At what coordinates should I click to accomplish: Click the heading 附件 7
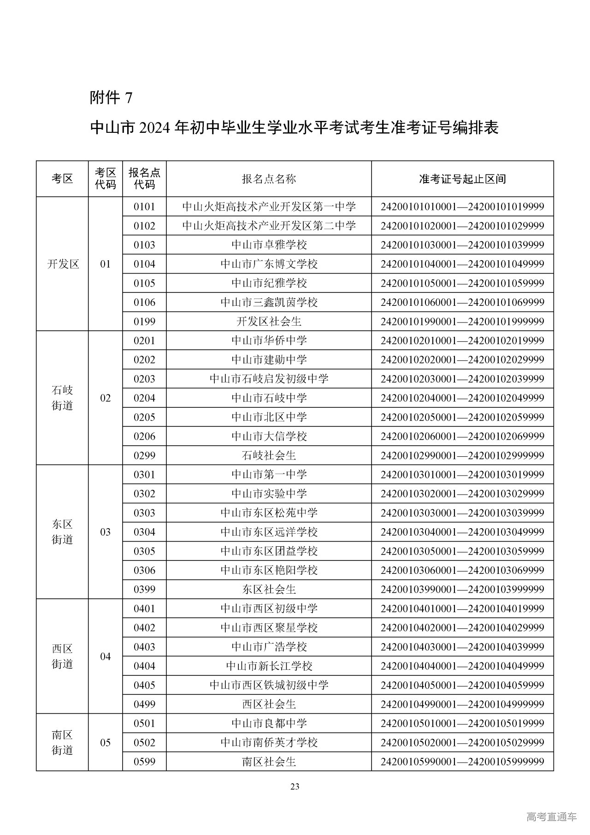tap(111, 97)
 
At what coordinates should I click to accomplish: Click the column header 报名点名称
tap(269, 179)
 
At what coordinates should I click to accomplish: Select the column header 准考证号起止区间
tap(462, 179)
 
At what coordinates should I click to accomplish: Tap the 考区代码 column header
tap(106, 179)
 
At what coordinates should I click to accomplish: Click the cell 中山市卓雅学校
tap(269, 245)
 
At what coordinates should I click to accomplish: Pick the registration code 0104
tap(144, 264)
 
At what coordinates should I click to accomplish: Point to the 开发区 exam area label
tap(63, 264)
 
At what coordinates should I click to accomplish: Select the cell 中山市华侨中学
tap(269, 341)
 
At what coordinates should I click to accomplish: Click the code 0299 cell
tap(144, 456)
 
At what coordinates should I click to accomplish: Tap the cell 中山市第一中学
tap(269, 475)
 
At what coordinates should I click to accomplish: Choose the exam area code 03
tap(106, 532)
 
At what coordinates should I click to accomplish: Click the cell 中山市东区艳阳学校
tap(269, 570)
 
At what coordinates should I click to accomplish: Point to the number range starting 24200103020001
tap(462, 494)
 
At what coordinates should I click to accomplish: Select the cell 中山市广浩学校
tap(269, 647)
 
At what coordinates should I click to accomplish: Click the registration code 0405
tap(144, 685)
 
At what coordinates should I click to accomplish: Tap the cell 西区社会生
tap(269, 704)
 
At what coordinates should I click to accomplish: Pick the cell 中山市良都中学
tap(269, 723)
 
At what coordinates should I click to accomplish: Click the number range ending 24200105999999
tap(462, 762)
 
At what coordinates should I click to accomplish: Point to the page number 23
tap(295, 787)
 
